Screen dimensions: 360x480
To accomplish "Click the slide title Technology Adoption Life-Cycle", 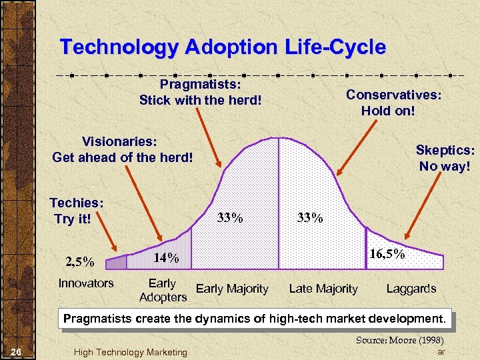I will [x=223, y=47].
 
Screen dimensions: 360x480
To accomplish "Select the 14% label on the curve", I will [x=166, y=257].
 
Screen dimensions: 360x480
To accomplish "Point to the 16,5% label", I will [x=387, y=254].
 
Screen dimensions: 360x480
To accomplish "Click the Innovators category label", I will [x=86, y=283].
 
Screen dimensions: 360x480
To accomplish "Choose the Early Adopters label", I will [x=163, y=290].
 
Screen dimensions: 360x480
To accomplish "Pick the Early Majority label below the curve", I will [x=232, y=289].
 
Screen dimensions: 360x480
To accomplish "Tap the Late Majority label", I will [x=323, y=289].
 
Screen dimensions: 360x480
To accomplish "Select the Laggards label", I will [x=411, y=289].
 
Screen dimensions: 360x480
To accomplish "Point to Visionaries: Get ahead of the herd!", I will [x=122, y=150].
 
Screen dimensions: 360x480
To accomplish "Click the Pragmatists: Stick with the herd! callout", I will [x=200, y=93].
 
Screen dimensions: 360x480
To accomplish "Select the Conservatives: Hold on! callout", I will [x=393, y=102].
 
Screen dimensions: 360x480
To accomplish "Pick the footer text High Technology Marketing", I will [x=130, y=351].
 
